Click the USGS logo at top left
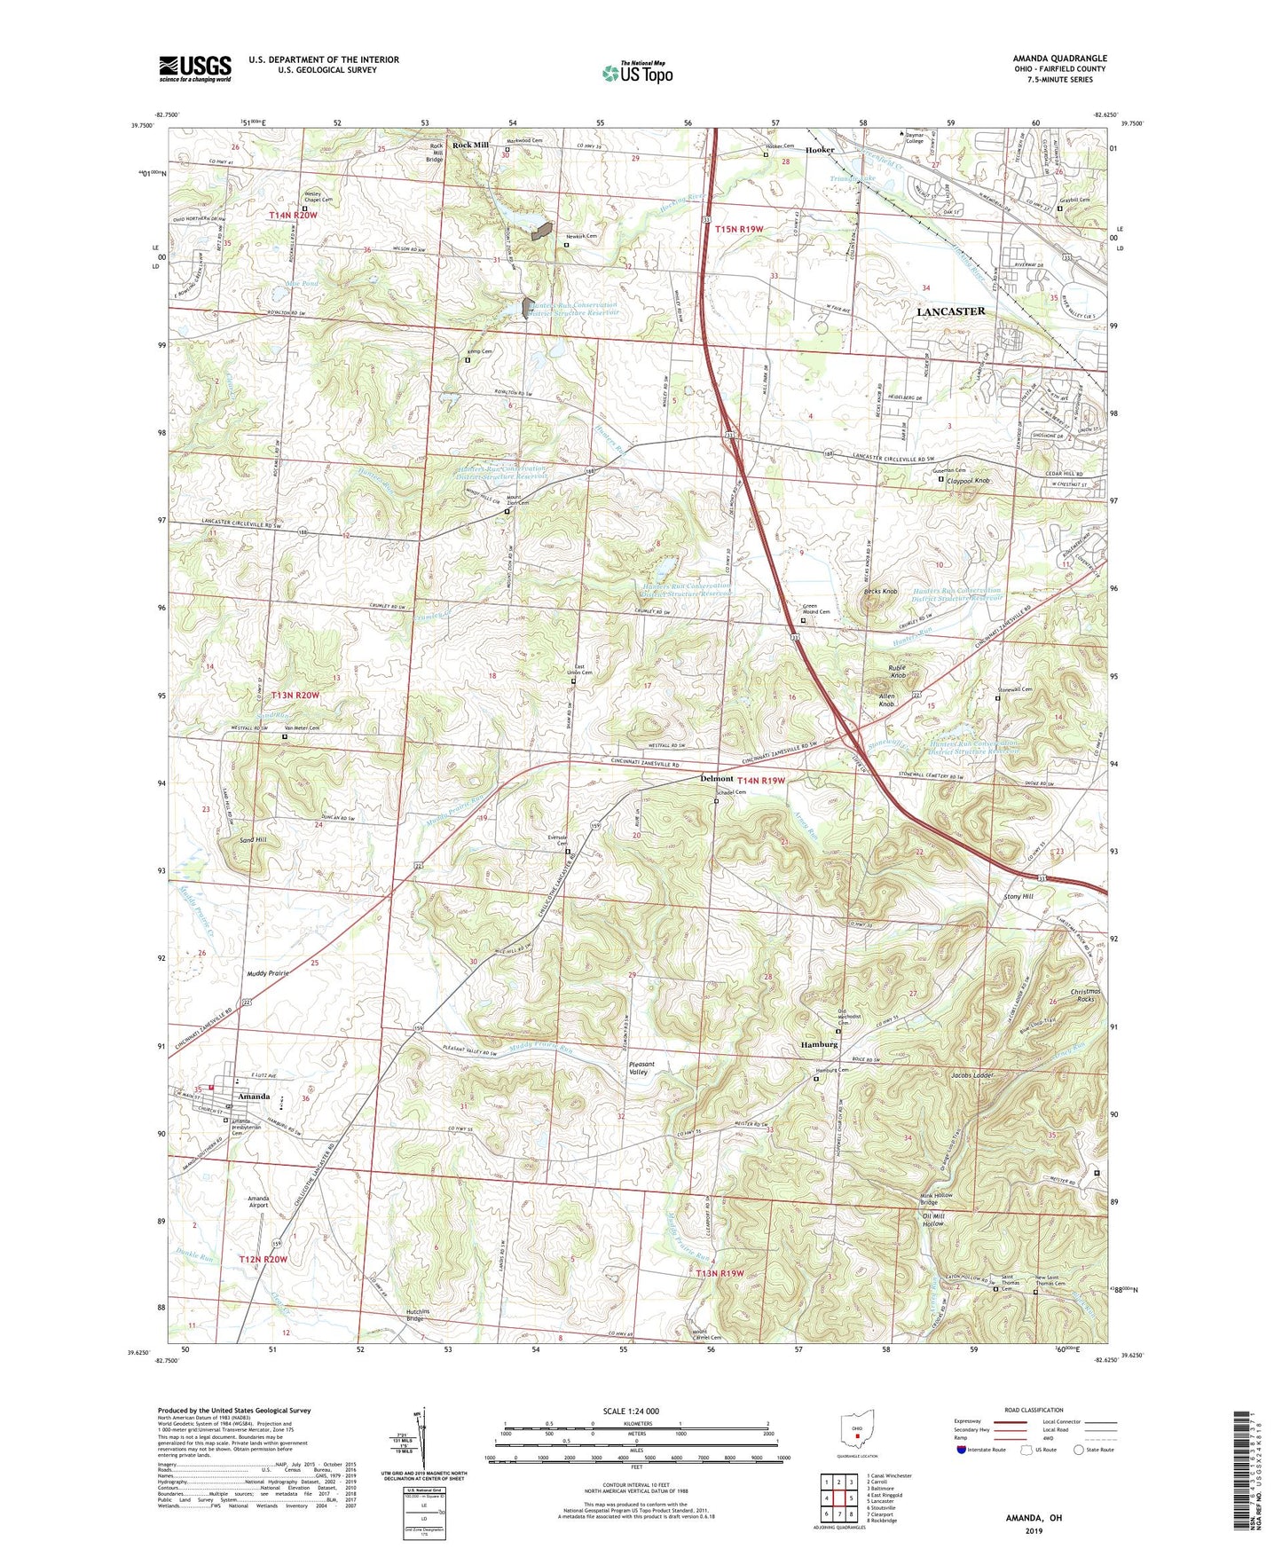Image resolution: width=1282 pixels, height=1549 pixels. pyautogui.click(x=195, y=67)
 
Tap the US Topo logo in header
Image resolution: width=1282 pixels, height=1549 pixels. pyautogui.click(x=637, y=73)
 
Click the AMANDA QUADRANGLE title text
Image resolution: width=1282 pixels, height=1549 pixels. pyautogui.click(x=1059, y=59)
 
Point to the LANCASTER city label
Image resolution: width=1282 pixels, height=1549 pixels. pyautogui.click(x=950, y=311)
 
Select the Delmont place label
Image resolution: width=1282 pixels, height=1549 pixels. pyautogui.click(x=717, y=779)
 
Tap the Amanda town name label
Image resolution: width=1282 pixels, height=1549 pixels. pyautogui.click(x=254, y=1097)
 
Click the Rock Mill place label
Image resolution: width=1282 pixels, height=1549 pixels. pyautogui.click(x=470, y=145)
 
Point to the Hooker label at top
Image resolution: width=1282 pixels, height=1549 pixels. pyautogui.click(x=820, y=150)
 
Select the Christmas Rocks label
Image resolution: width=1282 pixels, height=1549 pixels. pyautogui.click(x=1085, y=995)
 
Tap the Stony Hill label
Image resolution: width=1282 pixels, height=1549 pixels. pyautogui.click(x=1019, y=897)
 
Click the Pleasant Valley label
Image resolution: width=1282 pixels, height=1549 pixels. pyautogui.click(x=641, y=1068)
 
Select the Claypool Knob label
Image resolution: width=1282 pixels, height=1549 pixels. pyautogui.click(x=971, y=480)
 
